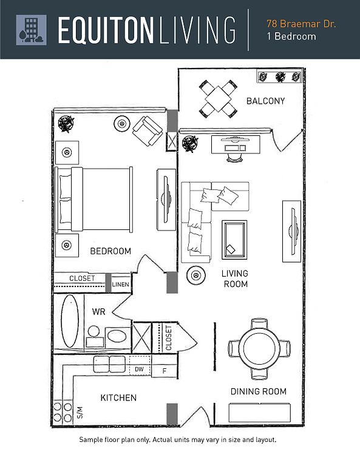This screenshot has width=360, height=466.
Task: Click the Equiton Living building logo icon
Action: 31,30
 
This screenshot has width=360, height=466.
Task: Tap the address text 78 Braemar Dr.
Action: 301,24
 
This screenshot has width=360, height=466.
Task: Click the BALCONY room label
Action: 265,101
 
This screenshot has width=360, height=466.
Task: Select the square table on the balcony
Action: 218,99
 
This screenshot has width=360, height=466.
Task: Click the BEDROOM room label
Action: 110,251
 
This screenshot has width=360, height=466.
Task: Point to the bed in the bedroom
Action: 93,199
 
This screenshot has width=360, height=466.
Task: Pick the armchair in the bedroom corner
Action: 148,131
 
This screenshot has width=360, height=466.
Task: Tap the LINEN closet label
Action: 120,285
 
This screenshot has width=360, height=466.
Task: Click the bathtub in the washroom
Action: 70,321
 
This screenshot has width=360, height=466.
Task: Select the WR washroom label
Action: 98,312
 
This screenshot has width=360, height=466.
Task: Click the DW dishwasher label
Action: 139,369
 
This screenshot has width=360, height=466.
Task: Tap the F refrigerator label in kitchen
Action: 164,371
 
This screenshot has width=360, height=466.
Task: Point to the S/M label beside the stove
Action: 80,413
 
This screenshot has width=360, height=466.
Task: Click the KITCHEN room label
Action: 118,397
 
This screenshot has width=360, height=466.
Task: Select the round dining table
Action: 259,348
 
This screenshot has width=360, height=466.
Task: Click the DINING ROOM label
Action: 259,391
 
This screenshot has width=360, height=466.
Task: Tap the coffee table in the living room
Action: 234,240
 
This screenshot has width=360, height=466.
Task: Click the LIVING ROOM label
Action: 235,279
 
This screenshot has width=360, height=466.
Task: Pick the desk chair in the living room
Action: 234,157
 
